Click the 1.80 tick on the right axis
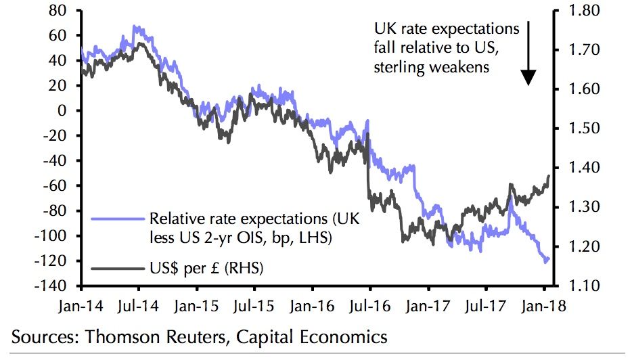tap(578, 11)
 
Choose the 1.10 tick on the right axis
tap(578, 286)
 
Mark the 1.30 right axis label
tap(578, 207)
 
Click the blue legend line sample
tap(117, 219)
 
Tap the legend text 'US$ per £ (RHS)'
tap(206, 269)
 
